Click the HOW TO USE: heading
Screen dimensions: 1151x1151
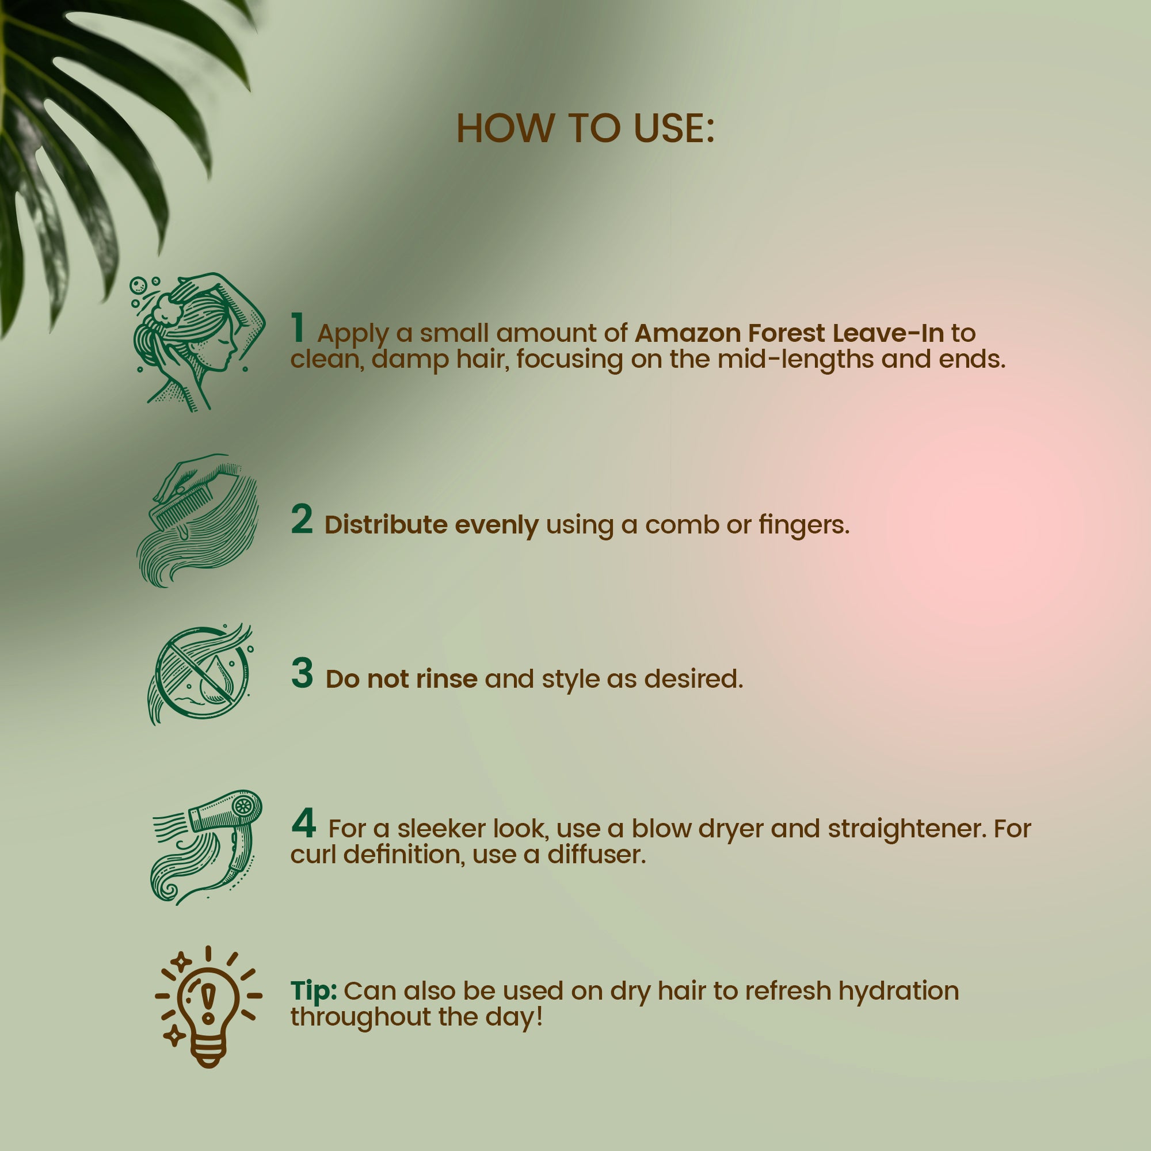(585, 128)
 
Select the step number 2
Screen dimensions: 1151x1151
(302, 520)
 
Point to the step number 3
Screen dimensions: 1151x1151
(302, 673)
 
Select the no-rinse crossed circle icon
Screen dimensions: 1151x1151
(201, 674)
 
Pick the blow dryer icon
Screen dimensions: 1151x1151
(206, 845)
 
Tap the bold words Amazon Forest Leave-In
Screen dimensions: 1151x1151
(790, 334)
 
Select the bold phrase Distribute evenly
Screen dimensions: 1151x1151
(431, 525)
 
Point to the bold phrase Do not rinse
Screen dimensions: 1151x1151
(401, 679)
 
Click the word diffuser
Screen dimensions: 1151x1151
(596, 854)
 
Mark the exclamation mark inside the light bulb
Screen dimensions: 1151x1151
(208, 1001)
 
